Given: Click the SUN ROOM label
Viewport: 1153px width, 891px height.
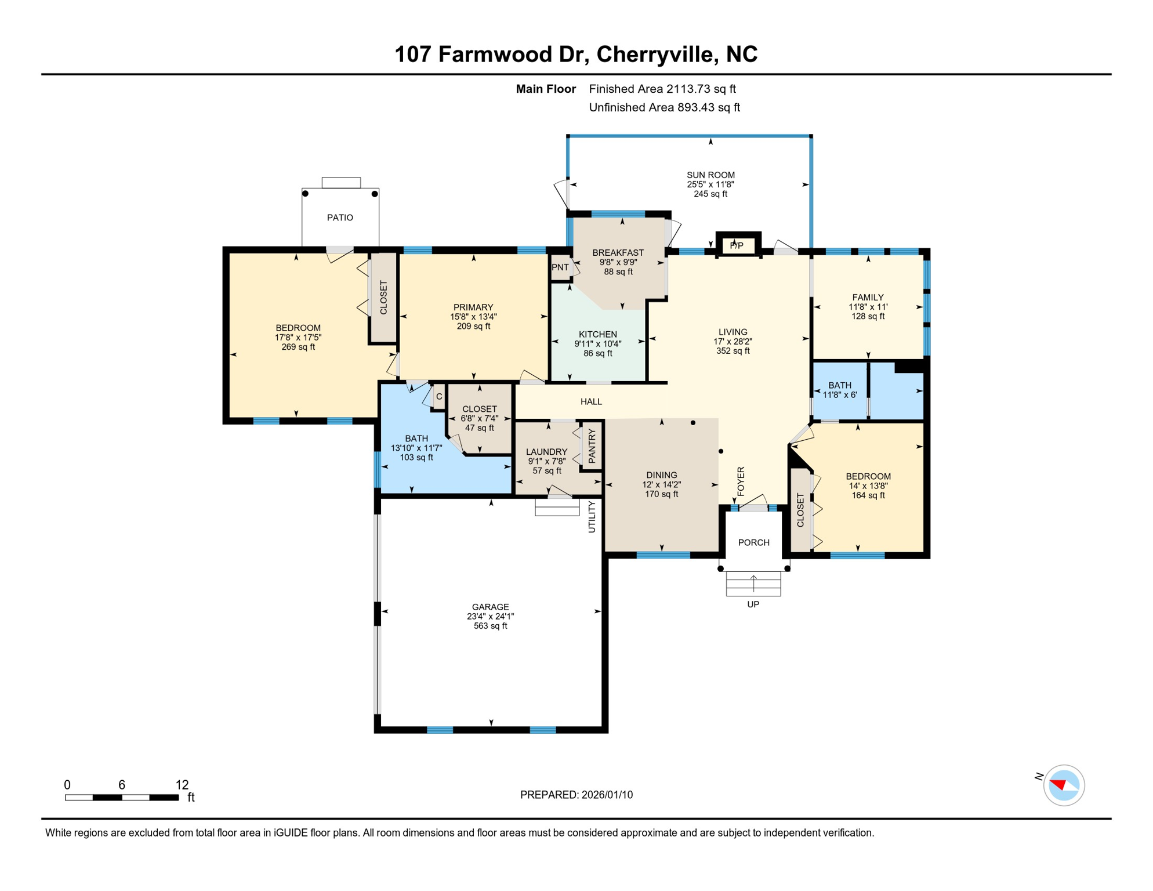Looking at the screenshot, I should [x=710, y=175].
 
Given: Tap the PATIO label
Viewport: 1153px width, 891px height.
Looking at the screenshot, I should [x=340, y=218].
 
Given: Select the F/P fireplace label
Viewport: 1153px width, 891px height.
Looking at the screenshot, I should [x=737, y=245].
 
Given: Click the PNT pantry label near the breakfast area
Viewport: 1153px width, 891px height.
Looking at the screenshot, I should [x=560, y=267].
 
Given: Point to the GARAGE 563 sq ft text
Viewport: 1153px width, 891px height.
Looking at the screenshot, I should [x=490, y=626].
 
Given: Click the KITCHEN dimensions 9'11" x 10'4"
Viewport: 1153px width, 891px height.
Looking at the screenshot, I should [x=597, y=343].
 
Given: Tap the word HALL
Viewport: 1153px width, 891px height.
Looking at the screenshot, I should [x=591, y=401].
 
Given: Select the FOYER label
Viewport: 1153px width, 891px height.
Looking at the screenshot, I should [x=741, y=481].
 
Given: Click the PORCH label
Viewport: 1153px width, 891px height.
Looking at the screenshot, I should [x=753, y=542].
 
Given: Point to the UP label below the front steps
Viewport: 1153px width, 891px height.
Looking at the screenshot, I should [x=753, y=604].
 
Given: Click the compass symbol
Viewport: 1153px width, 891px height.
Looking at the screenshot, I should [x=1064, y=785].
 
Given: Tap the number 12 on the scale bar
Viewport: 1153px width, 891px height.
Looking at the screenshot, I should [x=182, y=785].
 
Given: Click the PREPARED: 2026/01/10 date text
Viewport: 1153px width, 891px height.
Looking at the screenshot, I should [x=576, y=795].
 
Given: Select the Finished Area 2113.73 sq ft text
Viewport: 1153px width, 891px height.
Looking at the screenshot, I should [x=662, y=89].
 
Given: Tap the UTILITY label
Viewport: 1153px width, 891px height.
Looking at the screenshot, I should [x=592, y=517].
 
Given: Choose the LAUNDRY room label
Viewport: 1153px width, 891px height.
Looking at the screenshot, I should [x=546, y=452].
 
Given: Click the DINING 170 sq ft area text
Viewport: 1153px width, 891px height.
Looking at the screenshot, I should [x=661, y=494].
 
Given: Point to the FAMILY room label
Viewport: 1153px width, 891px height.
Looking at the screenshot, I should [x=868, y=298].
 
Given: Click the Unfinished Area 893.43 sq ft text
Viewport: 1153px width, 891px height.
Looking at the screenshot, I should [x=664, y=107].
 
